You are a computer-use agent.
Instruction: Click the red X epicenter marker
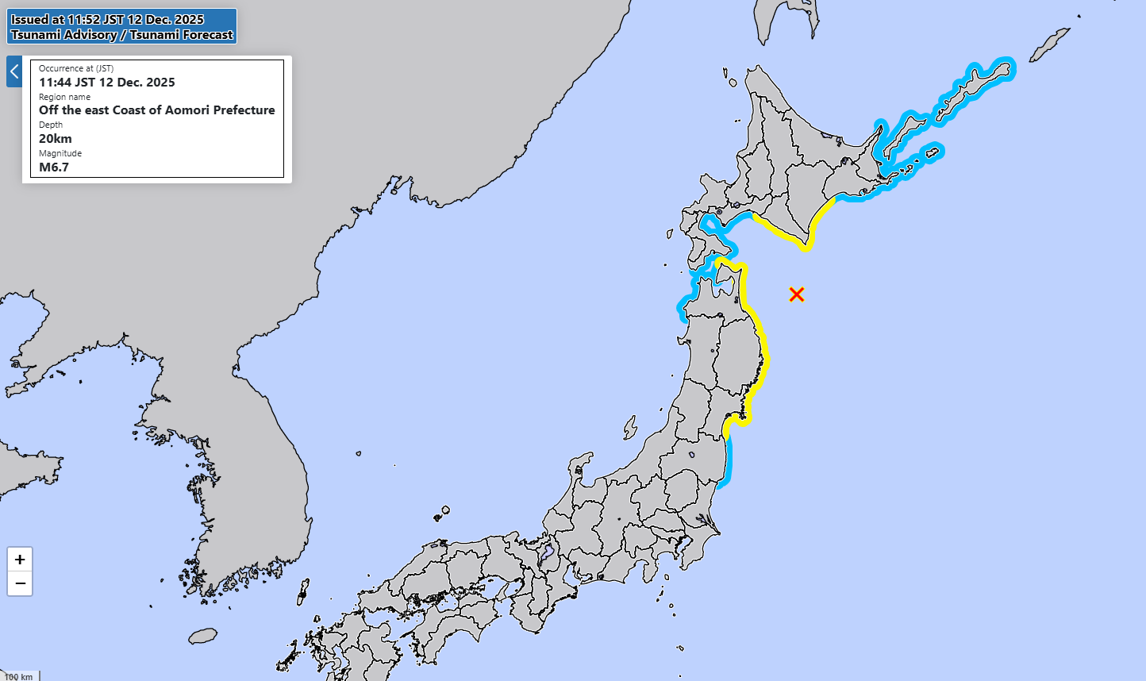[x=797, y=294]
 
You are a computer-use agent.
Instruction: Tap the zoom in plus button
[x=20, y=560]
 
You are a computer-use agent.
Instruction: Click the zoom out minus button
[x=20, y=583]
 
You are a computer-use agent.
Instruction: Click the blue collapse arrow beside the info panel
[x=13, y=71]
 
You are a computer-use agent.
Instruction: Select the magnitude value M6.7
[x=54, y=167]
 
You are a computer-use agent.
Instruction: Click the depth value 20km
[x=56, y=139]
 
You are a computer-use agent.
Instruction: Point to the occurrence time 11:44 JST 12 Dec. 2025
[x=107, y=83]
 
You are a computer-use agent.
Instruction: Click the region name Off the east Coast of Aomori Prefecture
[x=157, y=110]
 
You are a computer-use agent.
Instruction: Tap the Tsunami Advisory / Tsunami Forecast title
[x=122, y=35]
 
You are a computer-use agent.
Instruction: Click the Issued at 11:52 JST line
[x=108, y=20]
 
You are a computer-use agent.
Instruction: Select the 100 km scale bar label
[x=19, y=677]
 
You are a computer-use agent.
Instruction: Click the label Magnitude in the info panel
[x=60, y=153]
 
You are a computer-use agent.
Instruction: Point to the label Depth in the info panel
[x=51, y=125]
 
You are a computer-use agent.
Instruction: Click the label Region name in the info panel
[x=64, y=97]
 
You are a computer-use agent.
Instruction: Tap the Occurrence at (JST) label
[x=76, y=68]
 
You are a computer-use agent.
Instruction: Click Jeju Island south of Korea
[x=203, y=636]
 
